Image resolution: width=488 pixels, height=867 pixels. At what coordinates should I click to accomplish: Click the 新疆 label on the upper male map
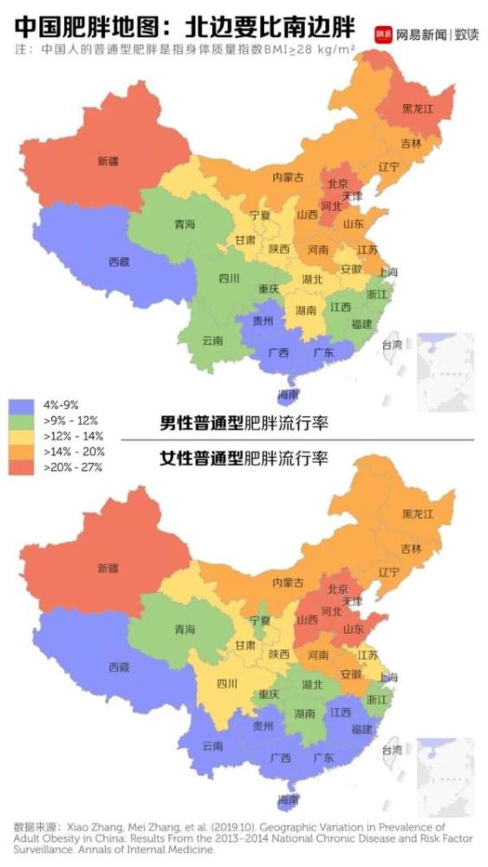click(x=107, y=161)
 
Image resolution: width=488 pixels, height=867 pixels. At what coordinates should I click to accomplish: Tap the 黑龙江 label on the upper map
click(x=417, y=109)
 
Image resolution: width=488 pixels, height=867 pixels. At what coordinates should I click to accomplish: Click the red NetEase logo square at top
click(x=383, y=35)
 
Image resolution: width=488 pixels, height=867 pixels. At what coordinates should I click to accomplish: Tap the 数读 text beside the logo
click(x=465, y=35)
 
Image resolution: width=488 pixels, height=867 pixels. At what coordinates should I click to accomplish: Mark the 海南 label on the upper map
click(x=289, y=394)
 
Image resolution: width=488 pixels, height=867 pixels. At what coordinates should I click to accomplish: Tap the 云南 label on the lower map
click(x=211, y=746)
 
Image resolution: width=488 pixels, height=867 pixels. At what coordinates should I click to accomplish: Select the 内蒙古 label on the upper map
click(x=288, y=177)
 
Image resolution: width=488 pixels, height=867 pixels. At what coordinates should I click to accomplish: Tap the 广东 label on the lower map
click(x=322, y=758)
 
